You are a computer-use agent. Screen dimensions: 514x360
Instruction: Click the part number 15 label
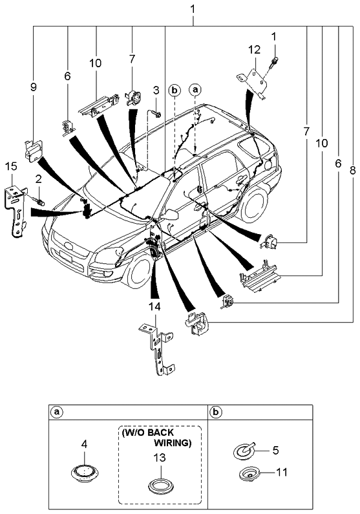click(x=11, y=167)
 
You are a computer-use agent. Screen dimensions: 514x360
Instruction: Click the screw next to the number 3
click(x=157, y=114)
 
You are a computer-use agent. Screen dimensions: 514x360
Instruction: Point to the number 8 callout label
click(x=352, y=170)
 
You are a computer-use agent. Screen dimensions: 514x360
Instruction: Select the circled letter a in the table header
click(x=58, y=412)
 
